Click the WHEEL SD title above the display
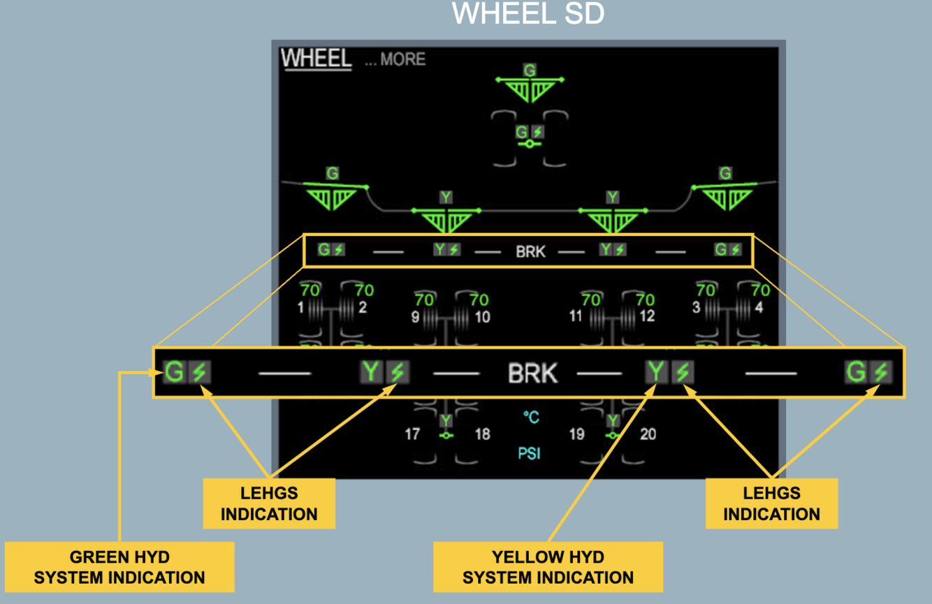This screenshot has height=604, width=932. (528, 14)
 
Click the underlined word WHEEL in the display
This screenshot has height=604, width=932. (316, 58)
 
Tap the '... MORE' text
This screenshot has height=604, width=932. (395, 60)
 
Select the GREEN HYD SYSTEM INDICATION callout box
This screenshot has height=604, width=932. (119, 567)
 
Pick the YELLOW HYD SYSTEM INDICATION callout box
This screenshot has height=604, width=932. (548, 567)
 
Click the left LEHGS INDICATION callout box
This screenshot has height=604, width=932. (269, 503)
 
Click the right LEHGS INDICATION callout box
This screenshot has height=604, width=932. (771, 503)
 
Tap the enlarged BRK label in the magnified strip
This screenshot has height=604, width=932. (532, 374)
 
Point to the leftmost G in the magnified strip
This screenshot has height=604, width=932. (174, 372)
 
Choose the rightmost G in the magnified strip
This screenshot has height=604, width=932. (856, 372)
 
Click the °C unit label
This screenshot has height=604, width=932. (531, 418)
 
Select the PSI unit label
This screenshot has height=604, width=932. (529, 454)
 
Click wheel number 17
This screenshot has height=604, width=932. (412, 434)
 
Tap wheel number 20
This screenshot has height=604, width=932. (648, 434)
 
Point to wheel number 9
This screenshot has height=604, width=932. (415, 317)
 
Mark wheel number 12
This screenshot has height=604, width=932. (647, 316)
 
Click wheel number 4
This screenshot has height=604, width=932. (759, 307)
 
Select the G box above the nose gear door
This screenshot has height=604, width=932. (530, 70)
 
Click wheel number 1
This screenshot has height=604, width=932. (301, 307)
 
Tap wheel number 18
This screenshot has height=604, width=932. (482, 434)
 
